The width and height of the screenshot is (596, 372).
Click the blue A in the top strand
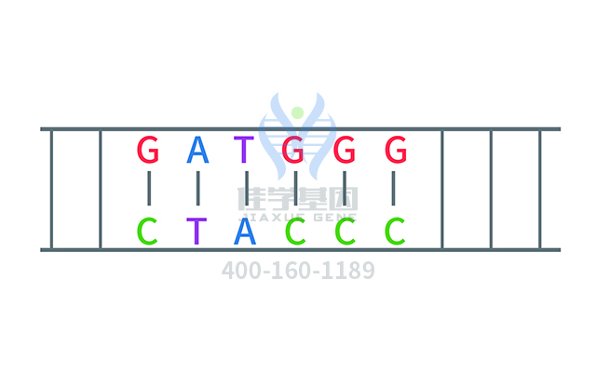[197, 149]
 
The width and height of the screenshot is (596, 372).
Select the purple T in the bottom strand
[197, 230]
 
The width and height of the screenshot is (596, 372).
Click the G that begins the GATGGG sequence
[148, 149]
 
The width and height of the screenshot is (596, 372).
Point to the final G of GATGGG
[396, 149]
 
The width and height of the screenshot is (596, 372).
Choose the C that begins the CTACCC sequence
[148, 230]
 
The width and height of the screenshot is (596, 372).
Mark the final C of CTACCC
[396, 230]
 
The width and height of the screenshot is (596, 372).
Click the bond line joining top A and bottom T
[197, 189]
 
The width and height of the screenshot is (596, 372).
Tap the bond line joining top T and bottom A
[246, 189]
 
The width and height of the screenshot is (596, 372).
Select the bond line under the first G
[148, 189]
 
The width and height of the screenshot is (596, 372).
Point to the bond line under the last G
[395, 189]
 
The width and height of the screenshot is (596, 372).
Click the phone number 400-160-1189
[298, 271]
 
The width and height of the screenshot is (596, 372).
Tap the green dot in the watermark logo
[297, 113]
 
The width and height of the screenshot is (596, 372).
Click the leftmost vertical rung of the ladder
[51, 189]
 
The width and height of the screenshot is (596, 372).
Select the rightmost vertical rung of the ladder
[540, 189]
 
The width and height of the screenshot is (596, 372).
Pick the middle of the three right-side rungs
[491, 189]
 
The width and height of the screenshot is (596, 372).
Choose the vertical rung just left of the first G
[101, 189]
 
